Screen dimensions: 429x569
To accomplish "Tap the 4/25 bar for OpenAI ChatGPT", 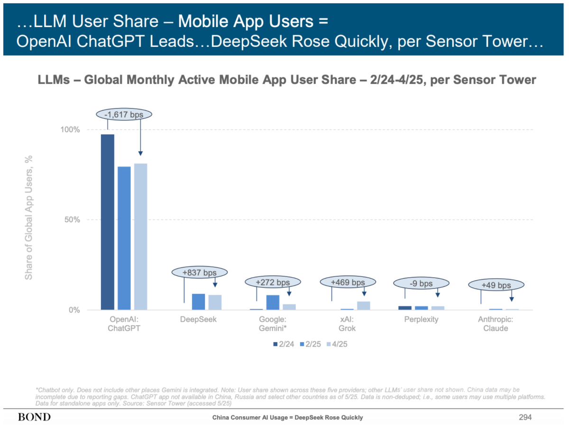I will point(141,237).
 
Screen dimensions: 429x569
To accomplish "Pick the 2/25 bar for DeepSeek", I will point(198,301).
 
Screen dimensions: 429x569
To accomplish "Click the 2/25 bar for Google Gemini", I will point(273,302).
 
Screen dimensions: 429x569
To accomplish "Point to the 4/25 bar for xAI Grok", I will point(363,305).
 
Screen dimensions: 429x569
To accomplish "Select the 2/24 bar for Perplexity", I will point(405,308).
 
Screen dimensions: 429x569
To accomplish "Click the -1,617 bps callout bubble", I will point(124,114).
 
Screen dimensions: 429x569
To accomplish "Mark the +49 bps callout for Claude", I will point(496,285).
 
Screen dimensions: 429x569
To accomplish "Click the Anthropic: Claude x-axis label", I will point(496,324).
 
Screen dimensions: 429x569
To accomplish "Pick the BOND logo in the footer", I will point(34,417).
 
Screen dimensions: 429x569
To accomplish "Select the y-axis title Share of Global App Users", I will point(29,219).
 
